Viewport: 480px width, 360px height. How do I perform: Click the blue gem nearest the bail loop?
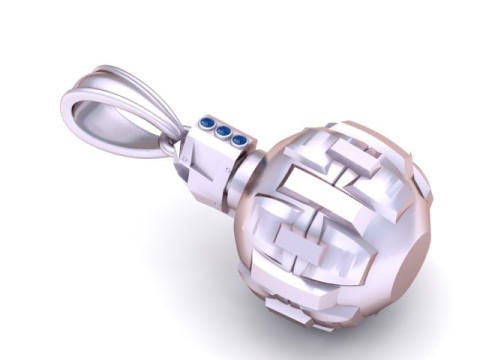(207, 124)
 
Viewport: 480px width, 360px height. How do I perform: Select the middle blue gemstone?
(223, 131)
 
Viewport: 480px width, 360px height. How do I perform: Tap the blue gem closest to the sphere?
(238, 139)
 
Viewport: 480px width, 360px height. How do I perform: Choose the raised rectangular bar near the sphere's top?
(354, 156)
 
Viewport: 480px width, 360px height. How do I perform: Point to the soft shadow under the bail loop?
(150, 200)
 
